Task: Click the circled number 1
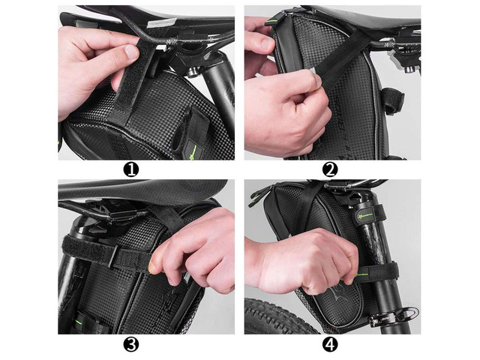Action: (x=132, y=169)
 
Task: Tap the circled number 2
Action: (x=330, y=169)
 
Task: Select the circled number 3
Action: (x=132, y=344)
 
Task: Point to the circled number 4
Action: (x=330, y=344)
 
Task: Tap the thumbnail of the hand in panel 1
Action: (x=132, y=52)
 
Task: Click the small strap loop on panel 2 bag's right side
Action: (x=391, y=100)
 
